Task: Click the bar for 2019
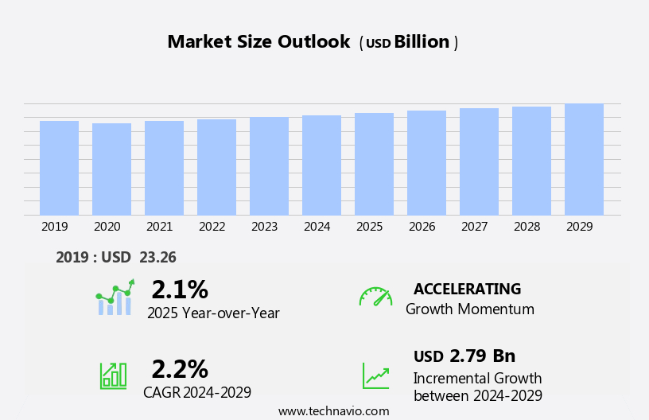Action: tap(59, 168)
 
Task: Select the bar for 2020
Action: tap(111, 169)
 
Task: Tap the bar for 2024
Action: tap(321, 165)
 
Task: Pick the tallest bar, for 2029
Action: tap(584, 159)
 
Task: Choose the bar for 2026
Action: tap(426, 163)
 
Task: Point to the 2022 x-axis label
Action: tap(212, 227)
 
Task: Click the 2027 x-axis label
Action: tap(474, 227)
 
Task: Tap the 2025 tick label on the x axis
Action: tap(369, 227)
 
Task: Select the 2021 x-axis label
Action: tap(159, 227)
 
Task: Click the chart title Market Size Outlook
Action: tap(258, 42)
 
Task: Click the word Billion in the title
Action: tap(422, 42)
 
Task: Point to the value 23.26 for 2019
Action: tap(157, 257)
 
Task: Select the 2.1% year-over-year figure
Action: tap(180, 290)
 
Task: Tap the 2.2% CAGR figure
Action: tap(180, 369)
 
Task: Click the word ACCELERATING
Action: tap(467, 290)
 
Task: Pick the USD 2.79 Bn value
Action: tap(464, 356)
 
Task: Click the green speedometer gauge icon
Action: tap(375, 297)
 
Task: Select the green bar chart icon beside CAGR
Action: tap(113, 375)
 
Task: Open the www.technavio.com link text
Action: tap(333, 411)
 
